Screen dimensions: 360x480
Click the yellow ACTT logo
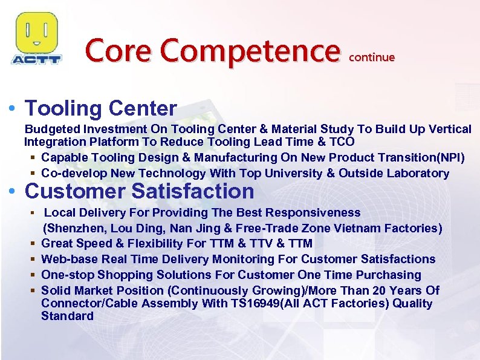pos(36,38)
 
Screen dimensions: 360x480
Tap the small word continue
pos(372,57)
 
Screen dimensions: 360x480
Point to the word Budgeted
pos(52,129)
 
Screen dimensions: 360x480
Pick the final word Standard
pos(67,316)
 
